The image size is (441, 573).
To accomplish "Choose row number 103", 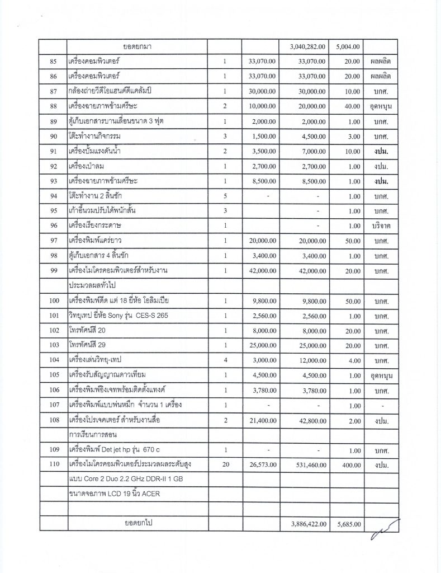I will coord(54,346).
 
